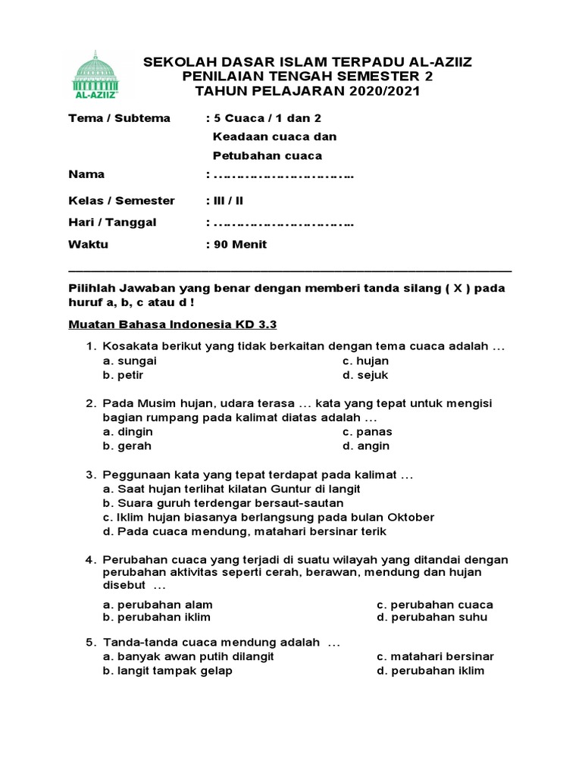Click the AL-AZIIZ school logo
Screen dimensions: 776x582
coord(95,76)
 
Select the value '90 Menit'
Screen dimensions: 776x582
coord(240,245)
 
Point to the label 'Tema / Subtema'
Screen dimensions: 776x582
coord(119,118)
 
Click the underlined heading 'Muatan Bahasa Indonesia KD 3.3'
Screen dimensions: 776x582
coord(173,324)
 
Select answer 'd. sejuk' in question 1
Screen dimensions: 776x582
coord(365,375)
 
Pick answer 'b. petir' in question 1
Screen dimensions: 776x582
coord(124,375)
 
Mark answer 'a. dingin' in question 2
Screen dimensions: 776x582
coord(128,432)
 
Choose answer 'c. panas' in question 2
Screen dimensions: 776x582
coord(368,432)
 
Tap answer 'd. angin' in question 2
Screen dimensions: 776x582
coord(366,446)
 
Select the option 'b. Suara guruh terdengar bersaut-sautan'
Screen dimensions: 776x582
coord(224,503)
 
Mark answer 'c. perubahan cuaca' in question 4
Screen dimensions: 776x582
coord(435,605)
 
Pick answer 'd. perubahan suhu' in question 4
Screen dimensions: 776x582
coord(432,617)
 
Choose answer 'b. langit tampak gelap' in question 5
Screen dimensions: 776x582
coord(168,671)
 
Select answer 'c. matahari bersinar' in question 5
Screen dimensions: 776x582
coord(435,656)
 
